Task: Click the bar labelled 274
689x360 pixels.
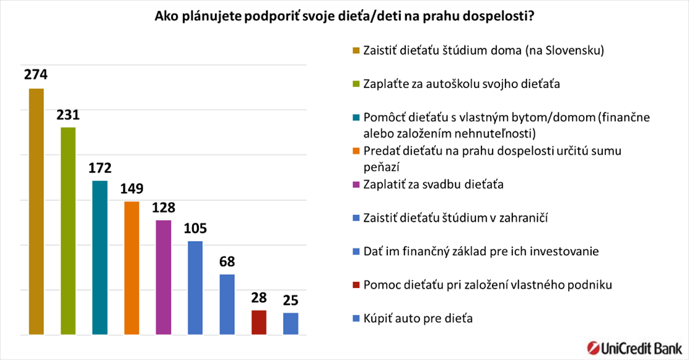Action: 36,211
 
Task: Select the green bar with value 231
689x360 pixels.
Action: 68,230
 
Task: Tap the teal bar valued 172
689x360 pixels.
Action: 100,257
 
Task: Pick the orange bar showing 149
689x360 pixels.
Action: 131,268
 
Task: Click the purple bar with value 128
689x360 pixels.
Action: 163,277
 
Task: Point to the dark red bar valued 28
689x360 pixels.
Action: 258,322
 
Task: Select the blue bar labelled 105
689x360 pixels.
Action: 195,288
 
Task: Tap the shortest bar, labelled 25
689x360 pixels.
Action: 290,323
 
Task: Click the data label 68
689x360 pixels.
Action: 227,261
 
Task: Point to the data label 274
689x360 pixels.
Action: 36,75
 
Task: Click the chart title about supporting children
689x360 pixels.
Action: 344,17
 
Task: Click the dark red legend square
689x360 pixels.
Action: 356,285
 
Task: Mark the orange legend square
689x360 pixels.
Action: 356,151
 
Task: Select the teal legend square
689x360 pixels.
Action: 356,117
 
